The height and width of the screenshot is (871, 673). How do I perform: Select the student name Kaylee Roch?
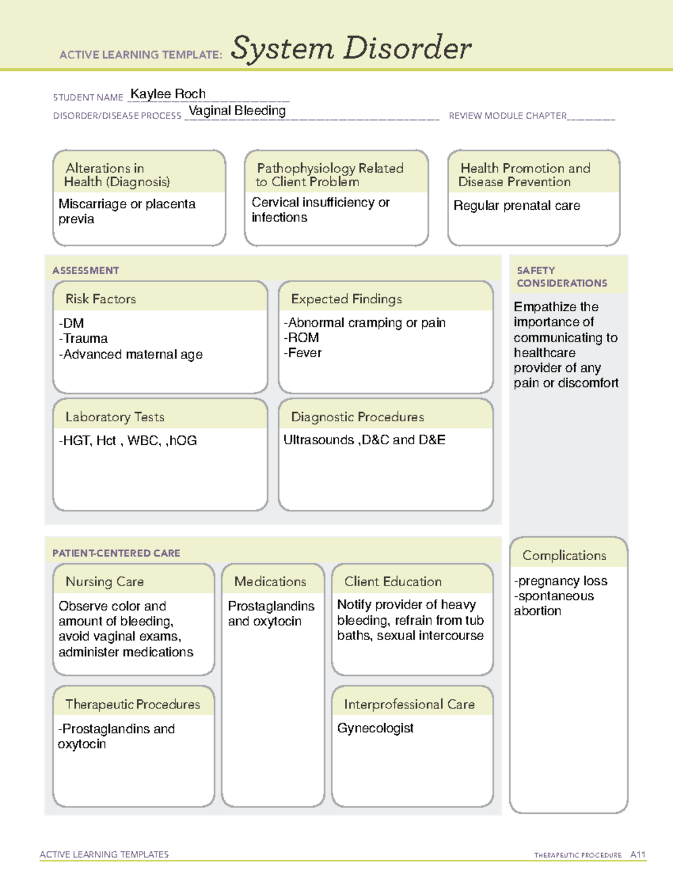coord(168,94)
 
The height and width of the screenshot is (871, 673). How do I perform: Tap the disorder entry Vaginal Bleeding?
coord(237,110)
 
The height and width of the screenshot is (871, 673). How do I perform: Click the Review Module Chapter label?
coord(507,116)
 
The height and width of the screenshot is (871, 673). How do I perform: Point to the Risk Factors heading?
coord(100,299)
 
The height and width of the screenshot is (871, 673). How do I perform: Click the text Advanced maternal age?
coord(132,354)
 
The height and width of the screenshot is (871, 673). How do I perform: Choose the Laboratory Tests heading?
coord(114,417)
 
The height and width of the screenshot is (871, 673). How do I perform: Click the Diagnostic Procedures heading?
coord(357,417)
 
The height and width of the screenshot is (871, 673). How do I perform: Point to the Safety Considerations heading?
coord(561,276)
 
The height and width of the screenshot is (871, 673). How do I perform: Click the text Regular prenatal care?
coord(517,206)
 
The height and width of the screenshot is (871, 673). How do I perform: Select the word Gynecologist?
coord(375,728)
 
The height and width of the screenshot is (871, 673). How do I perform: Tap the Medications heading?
coord(270,582)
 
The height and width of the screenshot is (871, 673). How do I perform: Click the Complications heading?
coord(564,555)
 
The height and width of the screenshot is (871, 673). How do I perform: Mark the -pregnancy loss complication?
coord(560,580)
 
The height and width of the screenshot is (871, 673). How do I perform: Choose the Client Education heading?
coord(393,582)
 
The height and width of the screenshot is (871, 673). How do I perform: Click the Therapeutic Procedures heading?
coord(132,704)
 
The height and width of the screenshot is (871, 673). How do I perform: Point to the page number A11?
coord(638,854)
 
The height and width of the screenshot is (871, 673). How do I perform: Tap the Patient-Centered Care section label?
coord(116,553)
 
